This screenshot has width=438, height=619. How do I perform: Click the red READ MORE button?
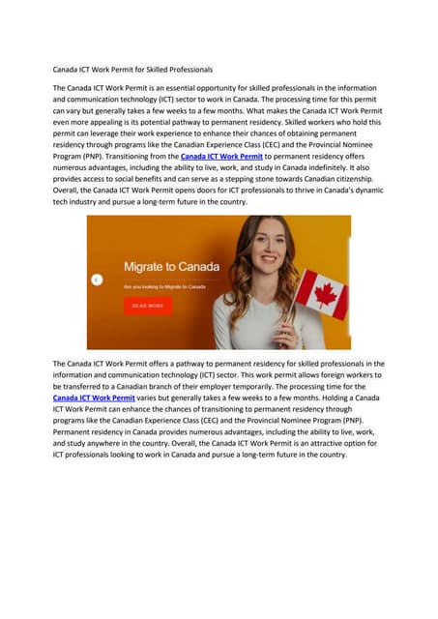[x=148, y=306]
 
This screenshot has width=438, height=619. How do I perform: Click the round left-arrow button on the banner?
[x=97, y=280]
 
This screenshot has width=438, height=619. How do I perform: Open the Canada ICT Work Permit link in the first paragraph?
[x=221, y=156]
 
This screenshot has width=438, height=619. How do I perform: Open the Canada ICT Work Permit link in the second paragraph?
[x=94, y=398]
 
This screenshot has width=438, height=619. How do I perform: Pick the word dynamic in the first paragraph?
[x=365, y=191]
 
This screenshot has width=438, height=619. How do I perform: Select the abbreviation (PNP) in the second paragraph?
[x=344, y=421]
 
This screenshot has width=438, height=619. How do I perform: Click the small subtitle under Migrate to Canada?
[x=164, y=286]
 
